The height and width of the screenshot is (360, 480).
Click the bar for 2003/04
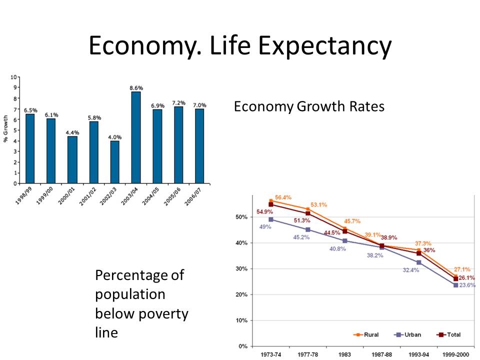(x=136, y=137)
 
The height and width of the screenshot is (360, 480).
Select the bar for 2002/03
(x=115, y=162)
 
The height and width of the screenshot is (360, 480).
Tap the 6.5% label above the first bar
(x=30, y=110)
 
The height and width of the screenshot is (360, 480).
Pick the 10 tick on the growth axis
(x=14, y=77)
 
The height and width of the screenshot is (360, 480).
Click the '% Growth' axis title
(x=6, y=128)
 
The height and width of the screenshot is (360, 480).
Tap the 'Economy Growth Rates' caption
(x=309, y=106)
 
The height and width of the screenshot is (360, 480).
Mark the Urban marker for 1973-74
(x=271, y=219)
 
